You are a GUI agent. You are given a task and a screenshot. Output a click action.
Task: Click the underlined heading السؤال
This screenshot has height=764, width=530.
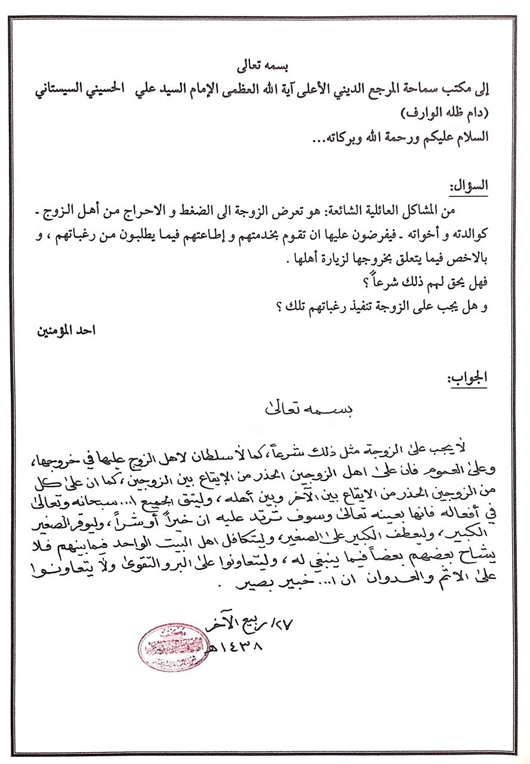coord(472,186)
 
